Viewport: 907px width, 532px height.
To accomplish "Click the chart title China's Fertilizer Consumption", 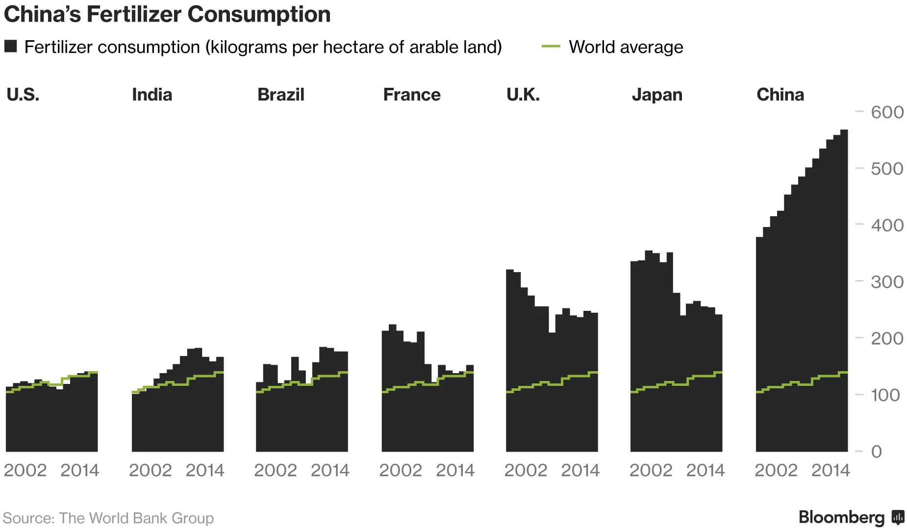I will pos(167,14).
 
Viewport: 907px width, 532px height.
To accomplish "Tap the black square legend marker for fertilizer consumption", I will pos(10,47).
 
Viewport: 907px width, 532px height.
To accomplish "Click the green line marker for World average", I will pos(551,47).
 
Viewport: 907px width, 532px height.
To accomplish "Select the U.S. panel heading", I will pos(23,95).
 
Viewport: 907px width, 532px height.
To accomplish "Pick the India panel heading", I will pos(152,95).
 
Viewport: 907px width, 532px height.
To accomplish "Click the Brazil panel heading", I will pos(281,95).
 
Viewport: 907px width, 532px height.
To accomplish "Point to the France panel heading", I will pos(412,95).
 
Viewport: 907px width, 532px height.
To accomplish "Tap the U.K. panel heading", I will pos(523,95).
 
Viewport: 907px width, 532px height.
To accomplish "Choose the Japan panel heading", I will pos(657,95).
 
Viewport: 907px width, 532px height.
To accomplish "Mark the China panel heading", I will pos(780,95).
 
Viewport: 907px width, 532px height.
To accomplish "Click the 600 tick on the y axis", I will pos(887,112).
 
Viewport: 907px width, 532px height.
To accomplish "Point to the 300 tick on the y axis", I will pos(887,282).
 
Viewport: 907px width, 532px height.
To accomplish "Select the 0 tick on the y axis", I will pos(877,452).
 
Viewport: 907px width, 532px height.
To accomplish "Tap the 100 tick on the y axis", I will pos(885,395).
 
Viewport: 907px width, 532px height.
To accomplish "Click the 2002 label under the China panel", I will pos(776,470).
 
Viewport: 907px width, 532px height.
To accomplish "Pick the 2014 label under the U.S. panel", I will pos(79,470).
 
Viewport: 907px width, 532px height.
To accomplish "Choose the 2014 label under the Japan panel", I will pos(705,470).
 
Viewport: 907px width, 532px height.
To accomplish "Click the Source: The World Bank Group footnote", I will pos(108,518).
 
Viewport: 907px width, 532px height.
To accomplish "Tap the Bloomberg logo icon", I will pos(898,517).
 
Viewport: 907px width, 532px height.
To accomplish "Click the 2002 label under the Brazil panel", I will pos(276,470).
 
